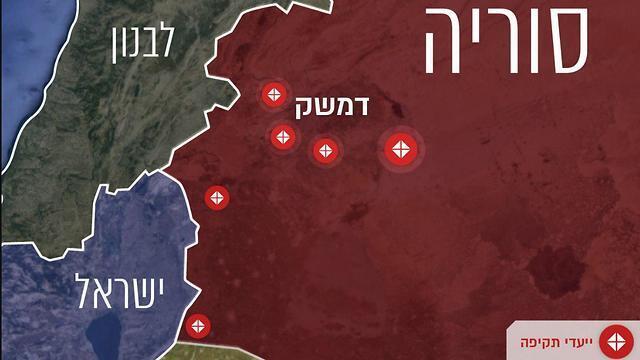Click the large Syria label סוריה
(506, 42)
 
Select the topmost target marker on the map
(273, 96)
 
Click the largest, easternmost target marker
(401, 150)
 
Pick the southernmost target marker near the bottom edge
(198, 325)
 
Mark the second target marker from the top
(283, 136)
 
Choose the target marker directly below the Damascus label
(324, 151)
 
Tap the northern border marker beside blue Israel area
(216, 198)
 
